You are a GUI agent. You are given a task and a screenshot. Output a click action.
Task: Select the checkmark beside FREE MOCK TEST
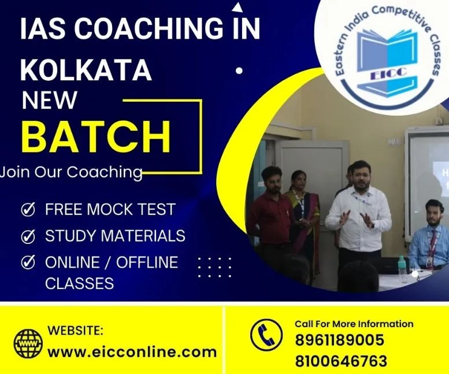tap(27, 209)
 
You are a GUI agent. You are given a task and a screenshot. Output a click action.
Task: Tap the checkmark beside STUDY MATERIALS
tap(27, 236)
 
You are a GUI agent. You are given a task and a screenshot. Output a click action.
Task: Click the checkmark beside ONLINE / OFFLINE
tap(27, 262)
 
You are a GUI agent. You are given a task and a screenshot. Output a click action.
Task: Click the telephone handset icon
tap(266, 336)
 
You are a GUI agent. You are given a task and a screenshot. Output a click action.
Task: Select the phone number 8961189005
tap(339, 340)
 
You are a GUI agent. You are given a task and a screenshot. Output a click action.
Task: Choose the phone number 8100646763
tap(340, 361)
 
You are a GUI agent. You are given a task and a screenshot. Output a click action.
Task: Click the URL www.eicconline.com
tap(132, 351)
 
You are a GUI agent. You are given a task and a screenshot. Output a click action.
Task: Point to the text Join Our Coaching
tap(71, 172)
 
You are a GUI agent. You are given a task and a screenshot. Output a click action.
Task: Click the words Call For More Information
tap(354, 324)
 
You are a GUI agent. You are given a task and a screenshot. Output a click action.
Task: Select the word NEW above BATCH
tap(49, 101)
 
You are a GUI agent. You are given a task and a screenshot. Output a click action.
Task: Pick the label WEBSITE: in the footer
tap(76, 331)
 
